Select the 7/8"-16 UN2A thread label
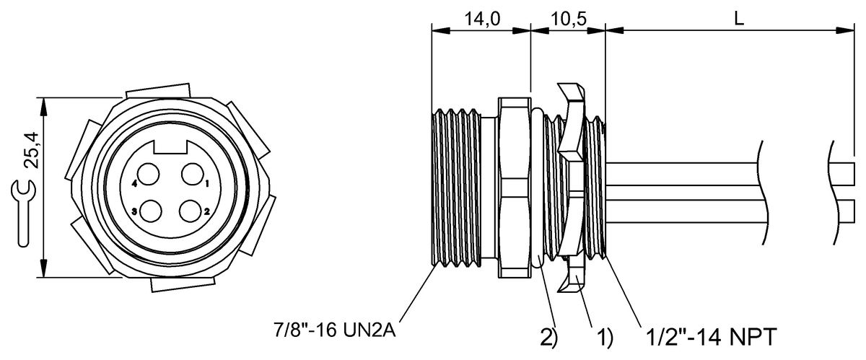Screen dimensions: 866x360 click(x=335, y=330)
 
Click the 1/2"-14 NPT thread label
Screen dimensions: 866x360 click(x=712, y=337)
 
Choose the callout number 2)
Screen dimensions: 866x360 click(x=549, y=338)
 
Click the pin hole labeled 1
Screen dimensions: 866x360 click(x=192, y=174)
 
